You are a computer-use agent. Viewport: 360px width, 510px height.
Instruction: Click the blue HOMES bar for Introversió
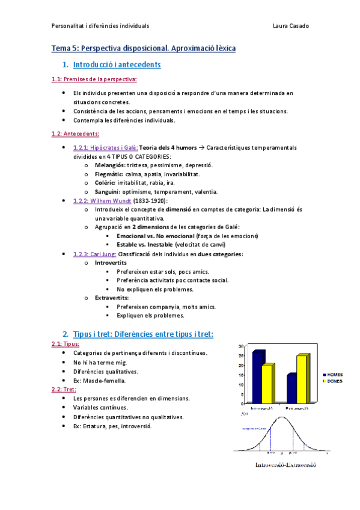tap(258, 377)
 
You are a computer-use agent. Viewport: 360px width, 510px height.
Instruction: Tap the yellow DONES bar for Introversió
tap(269, 384)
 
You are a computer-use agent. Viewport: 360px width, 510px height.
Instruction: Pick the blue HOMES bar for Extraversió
tap(292, 389)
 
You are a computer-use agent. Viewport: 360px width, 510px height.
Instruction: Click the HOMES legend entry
tap(333, 374)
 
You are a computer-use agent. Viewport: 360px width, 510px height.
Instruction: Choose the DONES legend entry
tap(333, 380)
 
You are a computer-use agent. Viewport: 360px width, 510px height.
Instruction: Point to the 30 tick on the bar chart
tap(240, 347)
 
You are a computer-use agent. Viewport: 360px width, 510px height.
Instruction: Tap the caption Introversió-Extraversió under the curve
tap(285, 465)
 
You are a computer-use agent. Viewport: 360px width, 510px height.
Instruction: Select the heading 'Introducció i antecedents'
tap(116, 64)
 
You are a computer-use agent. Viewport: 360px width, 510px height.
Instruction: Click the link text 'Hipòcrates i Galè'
tap(105, 147)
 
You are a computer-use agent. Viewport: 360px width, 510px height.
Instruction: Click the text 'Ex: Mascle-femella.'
tap(99, 380)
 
